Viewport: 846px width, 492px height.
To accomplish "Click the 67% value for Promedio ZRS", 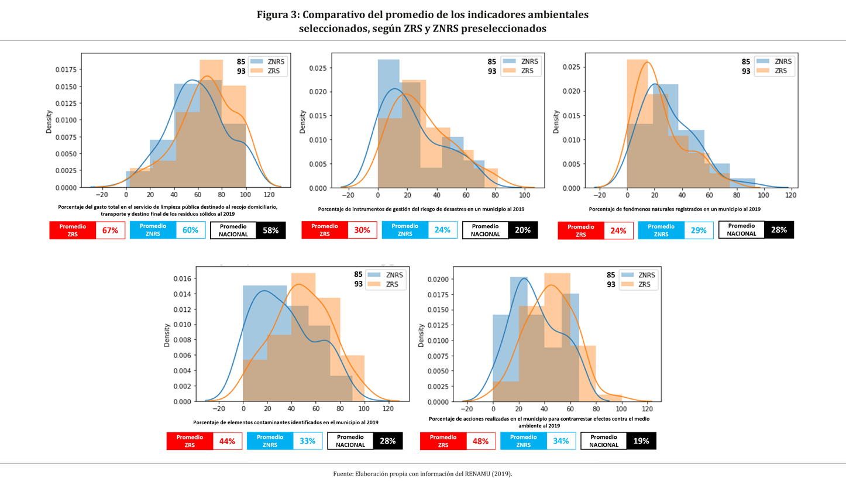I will coord(110,230).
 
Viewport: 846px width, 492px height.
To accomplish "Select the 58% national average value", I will coord(270,230).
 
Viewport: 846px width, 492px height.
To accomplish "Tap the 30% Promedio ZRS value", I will coord(362,230).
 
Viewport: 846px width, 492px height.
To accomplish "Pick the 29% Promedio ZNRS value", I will coord(698,230).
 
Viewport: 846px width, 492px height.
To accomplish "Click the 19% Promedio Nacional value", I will coord(641,441).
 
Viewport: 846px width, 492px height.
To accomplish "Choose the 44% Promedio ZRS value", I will coord(227,441).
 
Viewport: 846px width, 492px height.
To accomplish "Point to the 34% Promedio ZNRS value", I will coord(560,441).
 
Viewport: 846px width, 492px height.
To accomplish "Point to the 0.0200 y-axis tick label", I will coord(437,279).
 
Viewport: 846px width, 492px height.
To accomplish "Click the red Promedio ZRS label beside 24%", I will coord(580,230).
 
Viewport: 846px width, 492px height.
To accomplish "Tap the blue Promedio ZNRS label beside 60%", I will coord(153,230).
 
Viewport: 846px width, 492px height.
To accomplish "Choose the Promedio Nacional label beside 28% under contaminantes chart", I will coord(350,441).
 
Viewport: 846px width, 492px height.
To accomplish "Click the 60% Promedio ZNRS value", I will coord(190,230).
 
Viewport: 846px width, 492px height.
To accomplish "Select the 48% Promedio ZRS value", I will coord(480,441).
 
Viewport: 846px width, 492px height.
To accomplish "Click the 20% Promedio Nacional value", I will coord(522,230).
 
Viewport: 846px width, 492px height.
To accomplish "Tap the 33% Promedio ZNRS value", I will coord(307,441).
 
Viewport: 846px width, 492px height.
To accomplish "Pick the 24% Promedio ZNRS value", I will coord(442,230).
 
